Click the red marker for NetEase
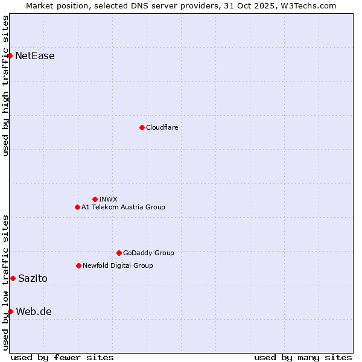[x=10, y=56]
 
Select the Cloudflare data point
[x=142, y=127]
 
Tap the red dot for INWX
[x=95, y=199]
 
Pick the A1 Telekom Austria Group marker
[x=77, y=207]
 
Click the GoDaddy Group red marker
[x=119, y=253]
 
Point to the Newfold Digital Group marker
[x=78, y=265]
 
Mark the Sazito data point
[x=13, y=278]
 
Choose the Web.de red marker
[x=10, y=311]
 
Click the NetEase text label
[x=35, y=56]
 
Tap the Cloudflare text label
[x=162, y=127]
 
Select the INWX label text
[x=108, y=199]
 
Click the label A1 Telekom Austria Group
[x=123, y=207]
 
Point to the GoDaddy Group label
[x=148, y=253]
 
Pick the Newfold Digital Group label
[x=118, y=265]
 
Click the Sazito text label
[x=33, y=279]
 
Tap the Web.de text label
[x=34, y=312]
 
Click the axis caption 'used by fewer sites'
[x=62, y=357]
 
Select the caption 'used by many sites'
[x=303, y=357]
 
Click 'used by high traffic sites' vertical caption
[x=5, y=86]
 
